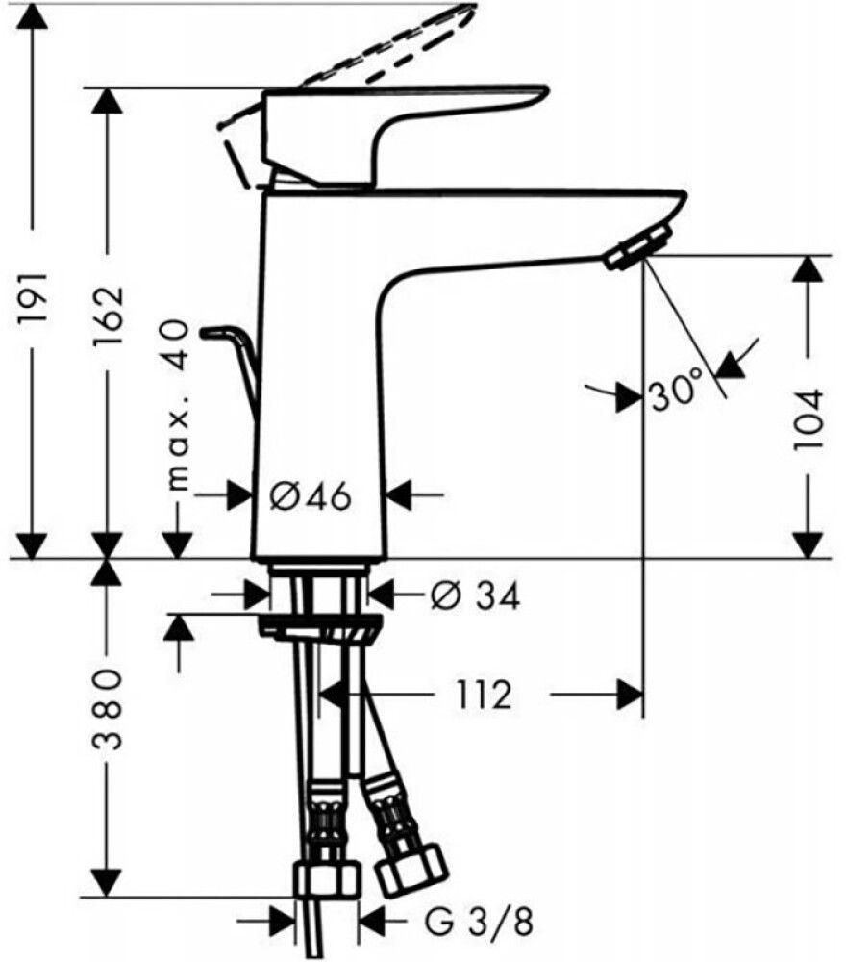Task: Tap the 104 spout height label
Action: tap(809, 420)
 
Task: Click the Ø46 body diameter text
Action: tap(310, 496)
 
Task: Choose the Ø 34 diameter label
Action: tap(474, 597)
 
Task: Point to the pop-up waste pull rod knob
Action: tap(219, 334)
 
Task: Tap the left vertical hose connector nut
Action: tap(326, 878)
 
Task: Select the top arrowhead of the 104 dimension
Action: tap(809, 268)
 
